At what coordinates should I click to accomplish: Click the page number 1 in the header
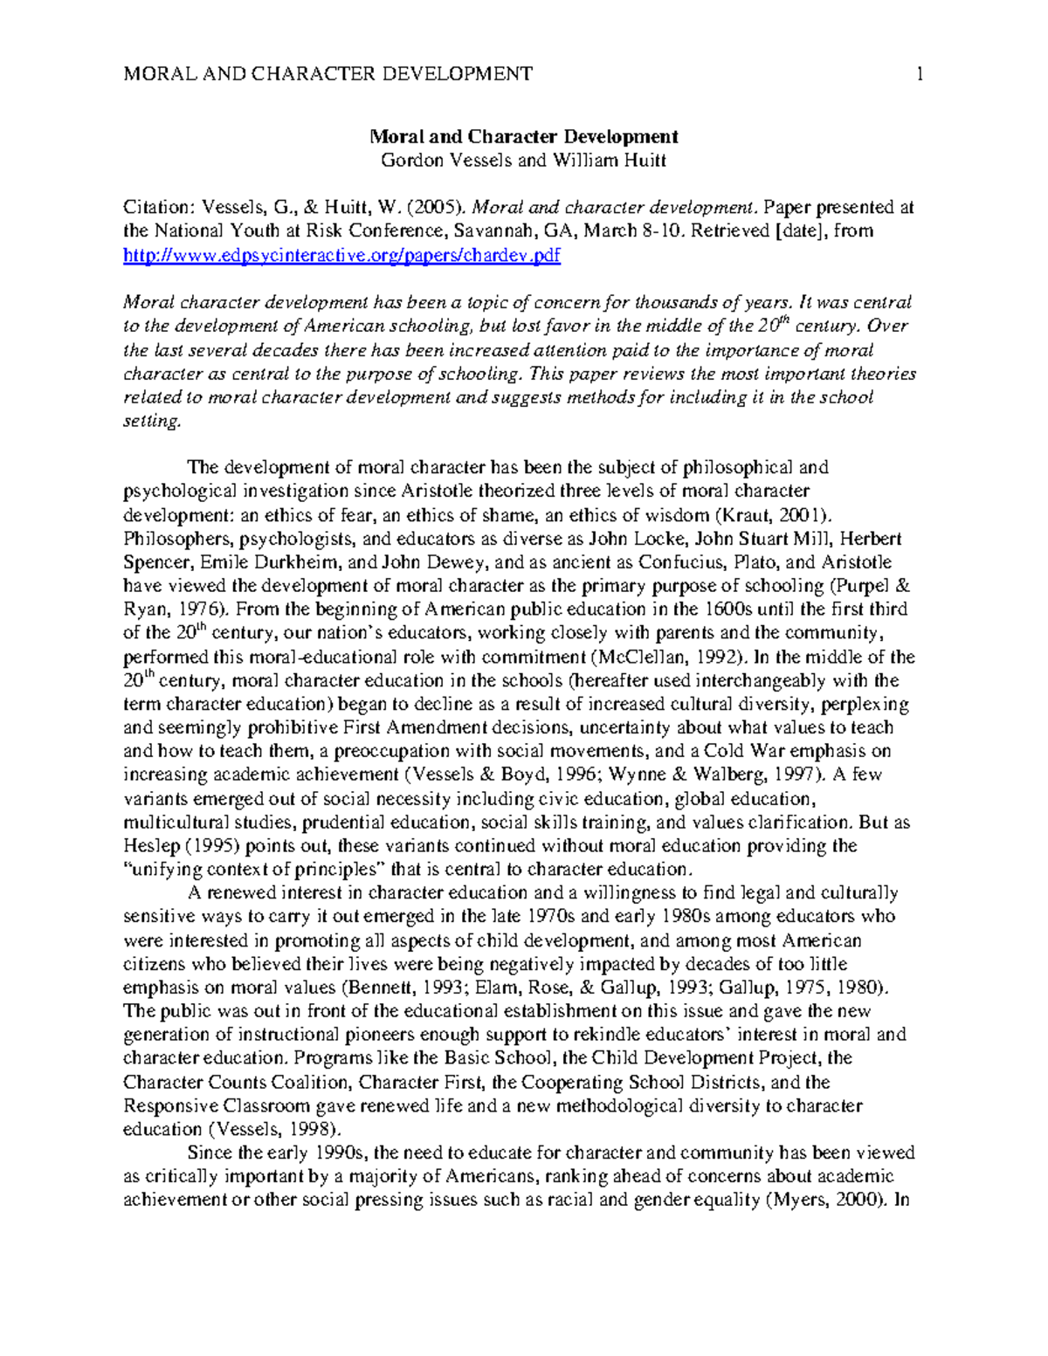point(919,74)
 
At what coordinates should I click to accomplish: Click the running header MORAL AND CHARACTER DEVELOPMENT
point(328,74)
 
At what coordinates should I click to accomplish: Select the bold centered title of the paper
point(524,136)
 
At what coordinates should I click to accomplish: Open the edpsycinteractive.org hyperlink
point(341,255)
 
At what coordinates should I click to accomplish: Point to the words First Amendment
point(417,727)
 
